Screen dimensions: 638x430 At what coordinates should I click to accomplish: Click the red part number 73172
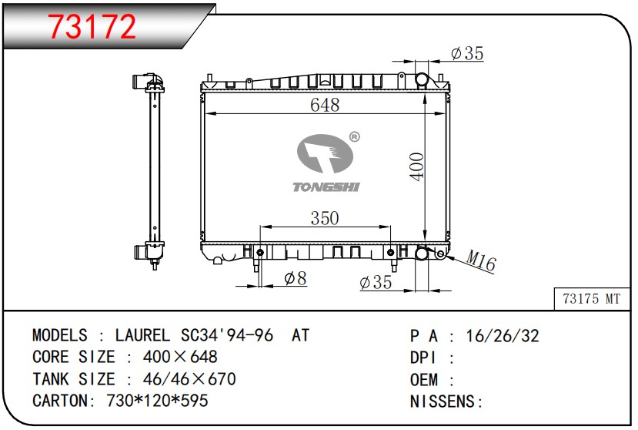92,26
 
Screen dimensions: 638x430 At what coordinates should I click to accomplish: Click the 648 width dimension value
325,105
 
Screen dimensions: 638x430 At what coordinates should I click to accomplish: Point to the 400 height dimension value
417,166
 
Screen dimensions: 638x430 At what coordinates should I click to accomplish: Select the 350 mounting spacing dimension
325,218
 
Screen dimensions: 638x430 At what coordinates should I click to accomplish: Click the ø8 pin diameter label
296,279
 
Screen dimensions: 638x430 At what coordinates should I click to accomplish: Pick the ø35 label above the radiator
467,53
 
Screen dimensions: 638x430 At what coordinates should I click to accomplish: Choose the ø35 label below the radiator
376,283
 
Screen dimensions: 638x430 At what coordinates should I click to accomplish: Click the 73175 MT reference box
592,299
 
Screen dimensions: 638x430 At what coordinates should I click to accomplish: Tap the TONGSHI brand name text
326,187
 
